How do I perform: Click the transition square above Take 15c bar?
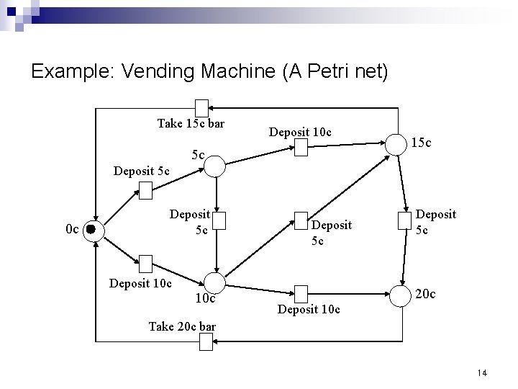[x=202, y=108]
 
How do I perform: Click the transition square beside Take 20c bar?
[x=206, y=344]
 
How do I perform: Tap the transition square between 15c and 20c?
[x=402, y=220]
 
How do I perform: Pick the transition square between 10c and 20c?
[x=301, y=293]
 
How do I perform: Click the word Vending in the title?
[x=160, y=72]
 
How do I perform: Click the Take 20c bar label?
[x=181, y=326]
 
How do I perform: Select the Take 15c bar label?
[x=191, y=123]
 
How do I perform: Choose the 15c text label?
[x=422, y=143]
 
